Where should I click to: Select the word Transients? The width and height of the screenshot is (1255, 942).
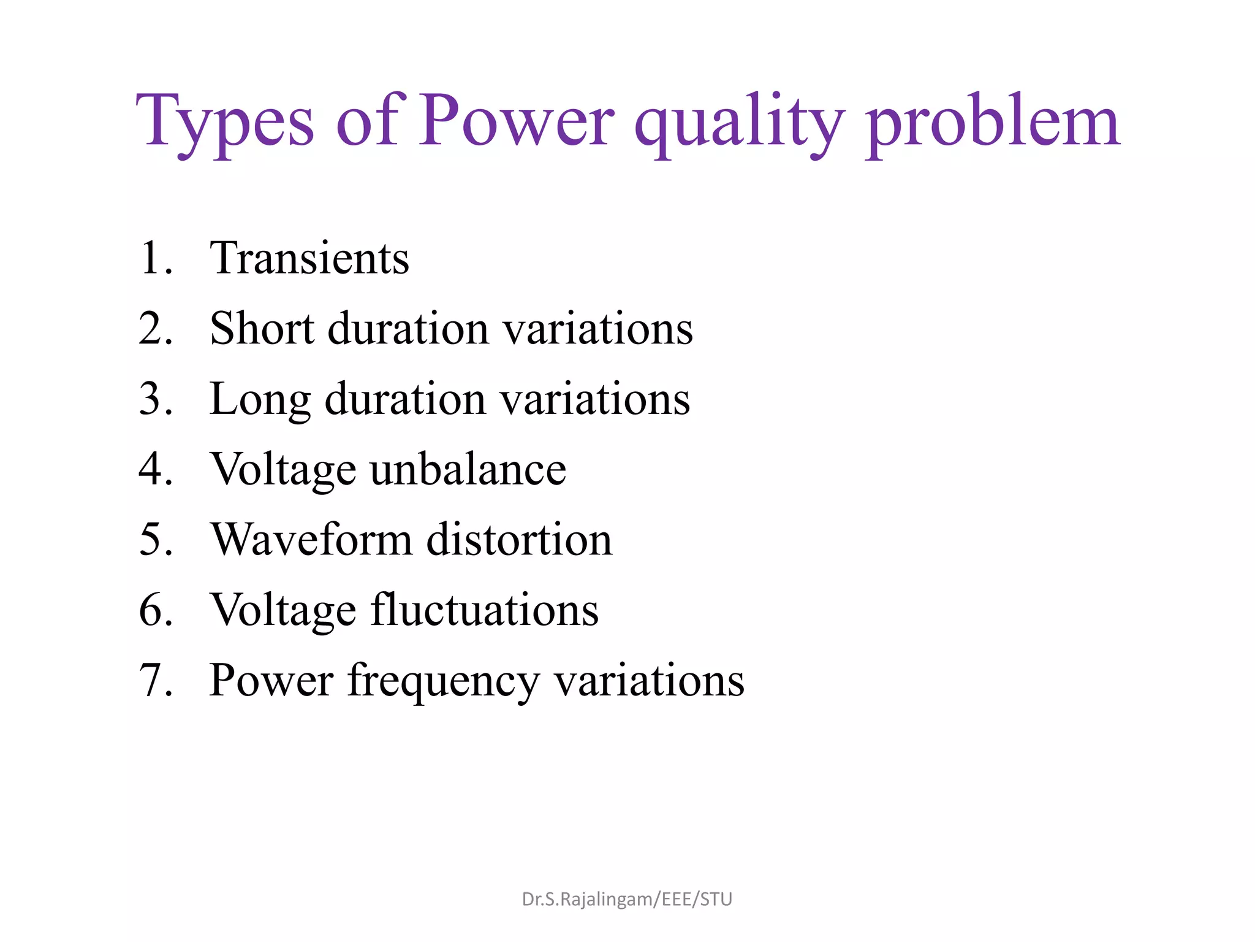point(309,258)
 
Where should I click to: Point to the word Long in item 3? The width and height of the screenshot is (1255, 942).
point(260,399)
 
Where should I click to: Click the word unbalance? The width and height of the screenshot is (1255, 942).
point(468,469)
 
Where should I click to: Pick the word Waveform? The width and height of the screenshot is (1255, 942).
point(311,540)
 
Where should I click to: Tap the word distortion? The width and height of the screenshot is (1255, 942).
point(519,540)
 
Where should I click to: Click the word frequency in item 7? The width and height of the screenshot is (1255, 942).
point(443,681)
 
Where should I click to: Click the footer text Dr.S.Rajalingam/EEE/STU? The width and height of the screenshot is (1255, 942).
point(627,899)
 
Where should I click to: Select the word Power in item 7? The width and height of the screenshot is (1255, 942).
point(271,681)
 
